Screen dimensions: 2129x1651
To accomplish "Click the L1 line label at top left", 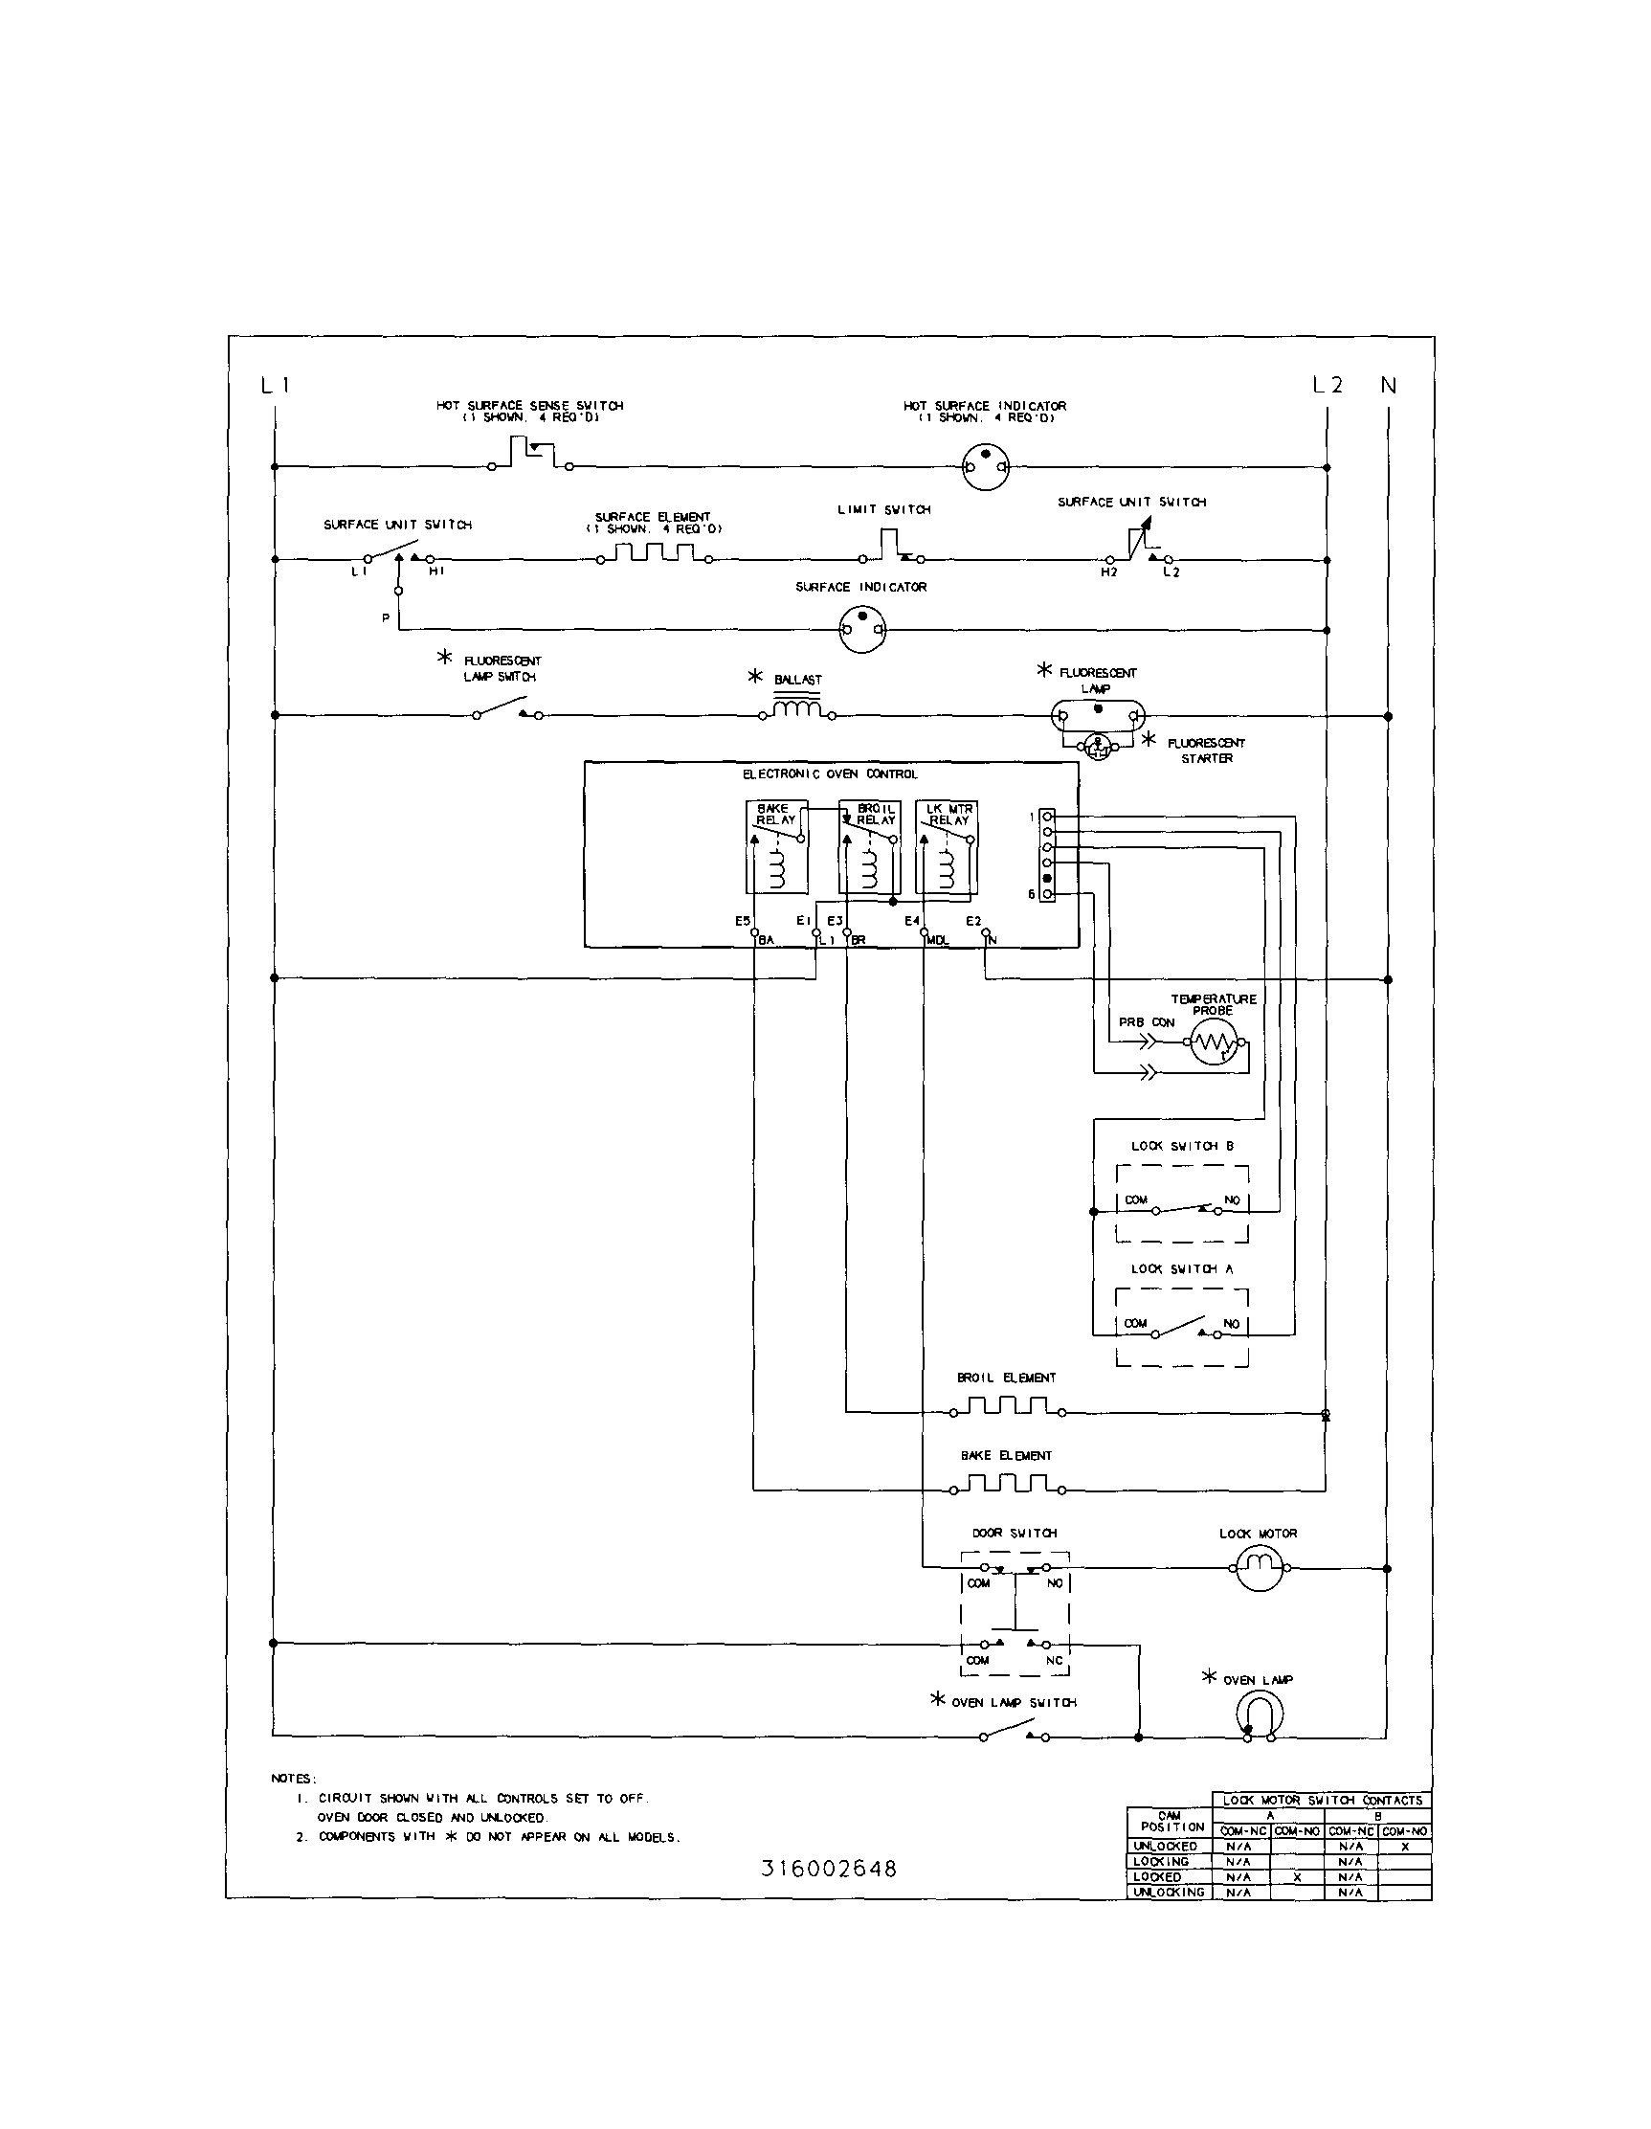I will click(x=276, y=386).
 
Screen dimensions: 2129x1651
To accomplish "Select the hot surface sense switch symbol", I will click(x=531, y=455).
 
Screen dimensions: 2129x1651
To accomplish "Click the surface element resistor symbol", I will click(x=653, y=554).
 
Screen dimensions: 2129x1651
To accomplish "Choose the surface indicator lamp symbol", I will click(x=862, y=631).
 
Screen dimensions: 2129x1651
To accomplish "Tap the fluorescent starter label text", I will click(x=1206, y=751).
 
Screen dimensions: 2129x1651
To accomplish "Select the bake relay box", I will click(x=777, y=847).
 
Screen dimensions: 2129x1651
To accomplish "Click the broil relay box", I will click(x=869, y=847).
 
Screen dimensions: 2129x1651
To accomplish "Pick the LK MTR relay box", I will click(x=947, y=847).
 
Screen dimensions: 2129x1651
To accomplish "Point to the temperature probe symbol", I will click(x=1214, y=1044).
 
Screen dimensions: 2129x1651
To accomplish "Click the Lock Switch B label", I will click(x=1182, y=1147).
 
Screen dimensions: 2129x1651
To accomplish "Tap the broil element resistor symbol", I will click(x=1007, y=1407).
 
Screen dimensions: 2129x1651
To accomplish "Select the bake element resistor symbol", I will click(x=1007, y=1486).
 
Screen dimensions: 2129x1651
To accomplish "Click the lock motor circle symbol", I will click(x=1260, y=1568).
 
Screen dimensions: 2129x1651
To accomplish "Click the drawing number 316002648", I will click(x=829, y=1869).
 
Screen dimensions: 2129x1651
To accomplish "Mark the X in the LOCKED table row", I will click(x=1296, y=1877).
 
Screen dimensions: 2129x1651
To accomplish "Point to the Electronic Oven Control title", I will click(x=831, y=774).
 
